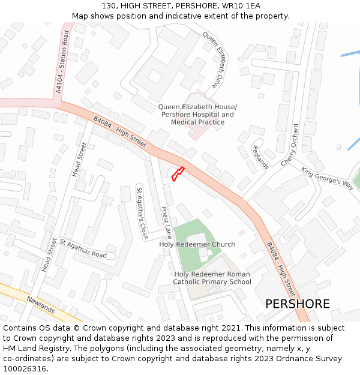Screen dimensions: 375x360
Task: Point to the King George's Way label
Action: coord(328,178)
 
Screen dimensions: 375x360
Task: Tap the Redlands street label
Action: coord(260,157)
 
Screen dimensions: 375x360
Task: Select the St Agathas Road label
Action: coord(83,248)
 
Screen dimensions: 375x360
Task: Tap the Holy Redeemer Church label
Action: coord(197,245)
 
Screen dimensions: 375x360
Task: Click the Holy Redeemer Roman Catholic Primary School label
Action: coord(212,278)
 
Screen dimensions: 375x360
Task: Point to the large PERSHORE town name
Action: coord(298,304)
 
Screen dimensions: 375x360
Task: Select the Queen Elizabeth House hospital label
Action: coord(197,115)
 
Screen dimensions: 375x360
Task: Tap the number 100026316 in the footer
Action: coord(25,368)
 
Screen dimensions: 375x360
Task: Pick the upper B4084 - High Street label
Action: coord(120,132)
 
